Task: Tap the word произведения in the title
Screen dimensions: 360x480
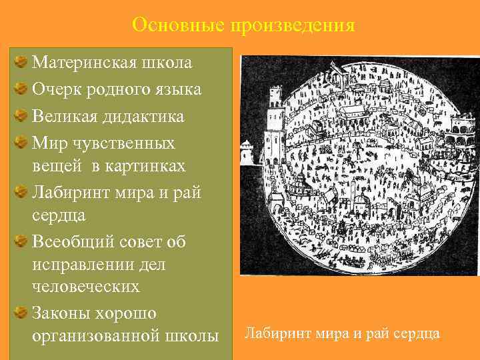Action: (x=293, y=25)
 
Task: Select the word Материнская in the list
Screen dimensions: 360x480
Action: (x=84, y=63)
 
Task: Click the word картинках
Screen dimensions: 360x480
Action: (x=133, y=166)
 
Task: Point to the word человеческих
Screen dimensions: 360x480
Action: (x=86, y=287)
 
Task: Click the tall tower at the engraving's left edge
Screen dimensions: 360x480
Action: (x=272, y=133)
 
